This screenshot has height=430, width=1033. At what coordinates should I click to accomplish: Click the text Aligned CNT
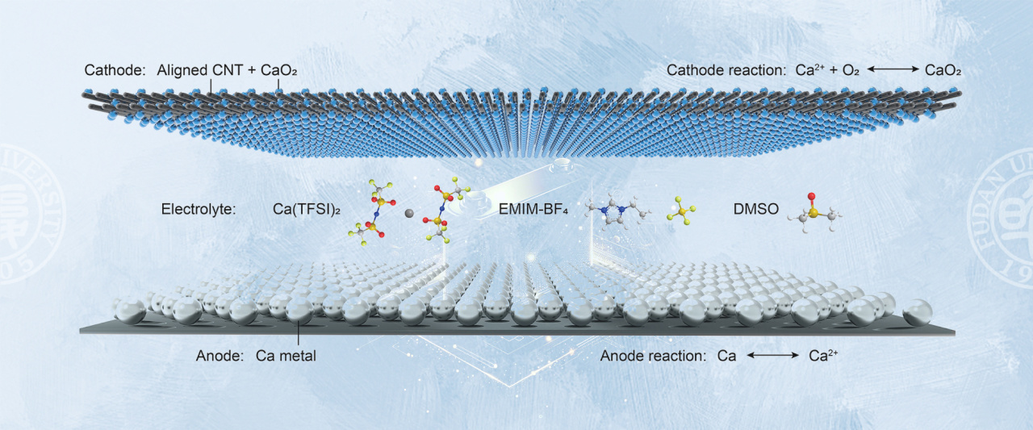click(200, 70)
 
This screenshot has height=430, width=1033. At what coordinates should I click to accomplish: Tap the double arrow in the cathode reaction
click(893, 69)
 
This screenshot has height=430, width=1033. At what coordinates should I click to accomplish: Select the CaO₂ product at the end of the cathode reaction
click(943, 70)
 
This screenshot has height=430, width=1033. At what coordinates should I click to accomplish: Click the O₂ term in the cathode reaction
click(851, 70)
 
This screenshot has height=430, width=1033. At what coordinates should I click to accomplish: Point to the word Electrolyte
click(199, 209)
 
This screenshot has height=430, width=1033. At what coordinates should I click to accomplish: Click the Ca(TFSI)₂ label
click(306, 209)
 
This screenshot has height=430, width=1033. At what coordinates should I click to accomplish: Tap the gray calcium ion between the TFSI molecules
click(409, 213)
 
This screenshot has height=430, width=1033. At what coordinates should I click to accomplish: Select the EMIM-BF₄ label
click(533, 210)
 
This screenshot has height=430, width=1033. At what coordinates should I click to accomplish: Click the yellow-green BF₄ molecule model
click(681, 211)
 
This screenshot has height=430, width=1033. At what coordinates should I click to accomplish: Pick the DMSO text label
click(756, 209)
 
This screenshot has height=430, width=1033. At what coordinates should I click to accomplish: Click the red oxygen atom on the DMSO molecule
click(811, 196)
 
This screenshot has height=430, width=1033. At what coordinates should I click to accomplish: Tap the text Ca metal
click(286, 356)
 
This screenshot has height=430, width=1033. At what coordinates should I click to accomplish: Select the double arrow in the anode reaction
click(772, 355)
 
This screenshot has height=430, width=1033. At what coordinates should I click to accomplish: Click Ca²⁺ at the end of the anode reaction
click(823, 355)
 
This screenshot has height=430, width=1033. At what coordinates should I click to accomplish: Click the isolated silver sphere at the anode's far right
click(918, 312)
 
